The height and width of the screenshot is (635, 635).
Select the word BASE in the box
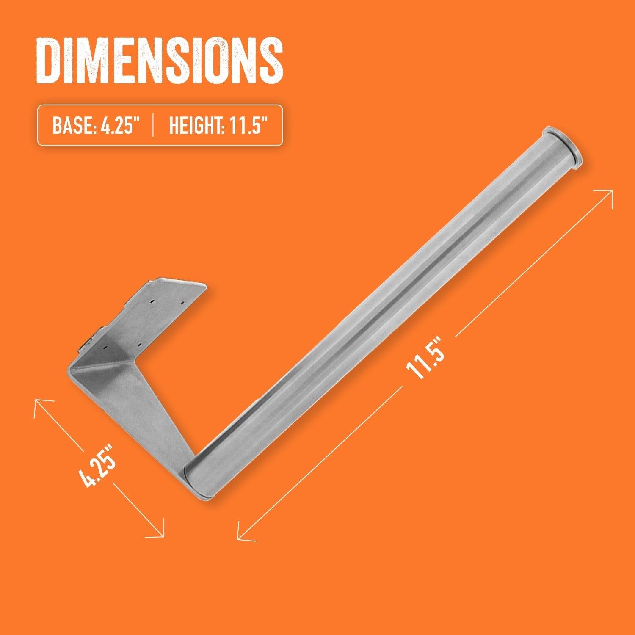tap(70, 125)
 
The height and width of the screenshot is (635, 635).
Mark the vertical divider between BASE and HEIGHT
tap(152, 125)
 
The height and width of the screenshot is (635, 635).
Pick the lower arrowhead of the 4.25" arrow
tap(160, 534)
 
